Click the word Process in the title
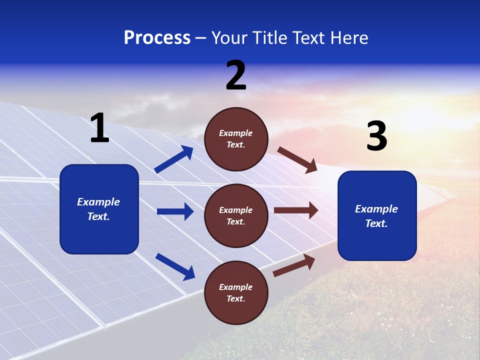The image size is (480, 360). click(x=157, y=38)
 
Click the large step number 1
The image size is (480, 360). click(x=99, y=128)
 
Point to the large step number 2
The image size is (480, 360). click(x=236, y=76)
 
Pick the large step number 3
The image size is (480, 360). click(x=376, y=136)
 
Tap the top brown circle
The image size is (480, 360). click(x=236, y=139)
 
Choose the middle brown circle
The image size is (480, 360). click(x=236, y=216)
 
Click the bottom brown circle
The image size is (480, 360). click(x=236, y=293)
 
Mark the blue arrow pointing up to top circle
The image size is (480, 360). click(x=174, y=159)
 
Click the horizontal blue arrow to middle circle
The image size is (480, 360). click(x=175, y=211)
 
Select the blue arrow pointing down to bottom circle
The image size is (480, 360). click(x=175, y=266)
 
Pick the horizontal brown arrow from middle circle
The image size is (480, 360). click(x=296, y=210)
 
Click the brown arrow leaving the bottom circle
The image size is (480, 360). click(x=294, y=265)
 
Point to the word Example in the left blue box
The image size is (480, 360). click(x=98, y=202)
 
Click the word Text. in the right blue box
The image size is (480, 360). click(x=376, y=223)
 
